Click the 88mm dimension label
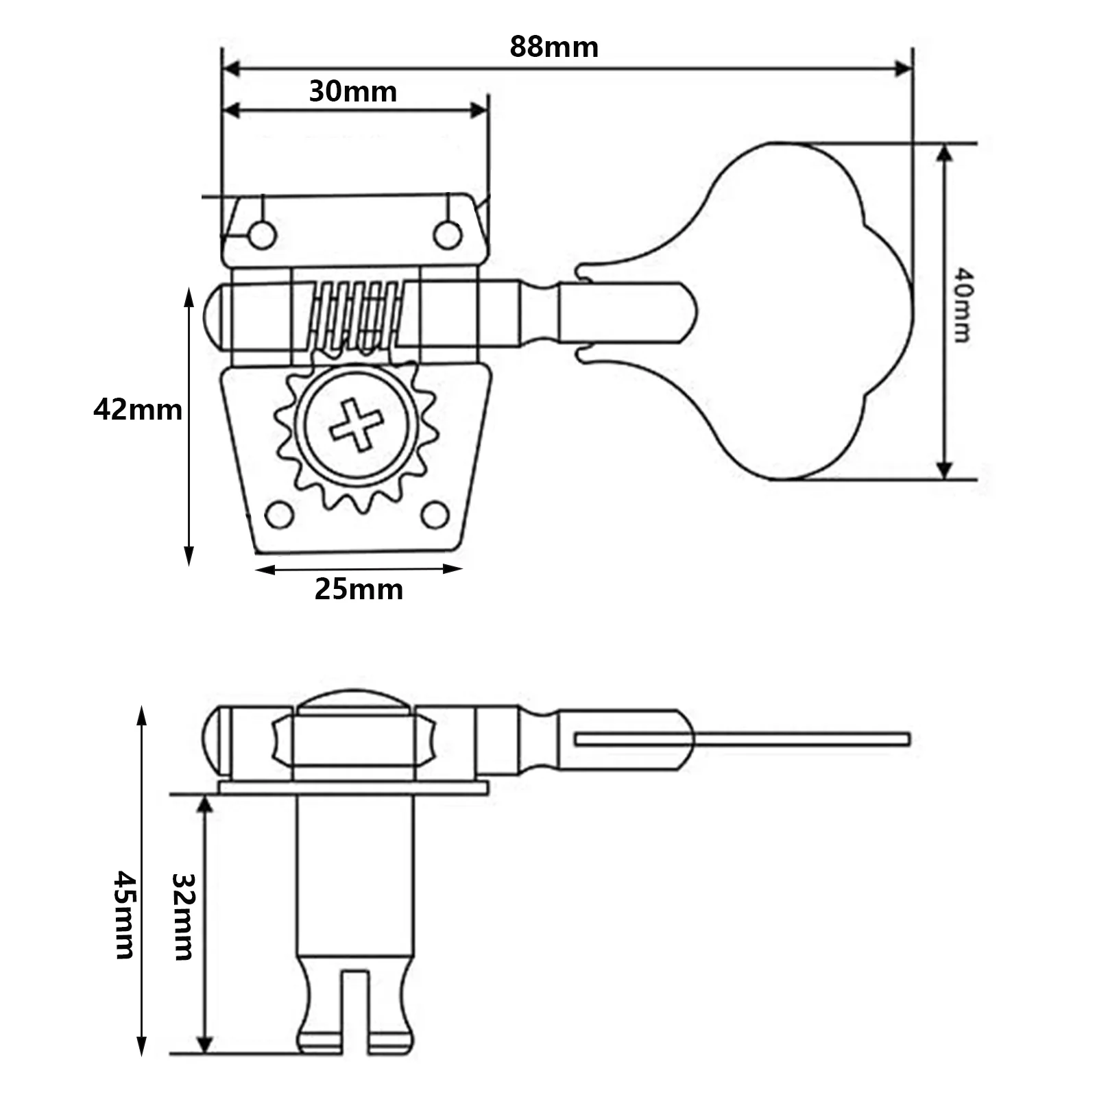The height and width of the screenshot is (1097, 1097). [x=554, y=47]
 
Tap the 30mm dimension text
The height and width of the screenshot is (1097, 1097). [x=353, y=91]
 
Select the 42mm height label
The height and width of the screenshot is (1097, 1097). [x=138, y=410]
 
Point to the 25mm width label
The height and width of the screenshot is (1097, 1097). [x=359, y=590]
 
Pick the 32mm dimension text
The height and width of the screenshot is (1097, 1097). [x=182, y=916]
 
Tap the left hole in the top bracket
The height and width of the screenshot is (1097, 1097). [x=262, y=235]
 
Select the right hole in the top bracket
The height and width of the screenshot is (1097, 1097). [x=447, y=235]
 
